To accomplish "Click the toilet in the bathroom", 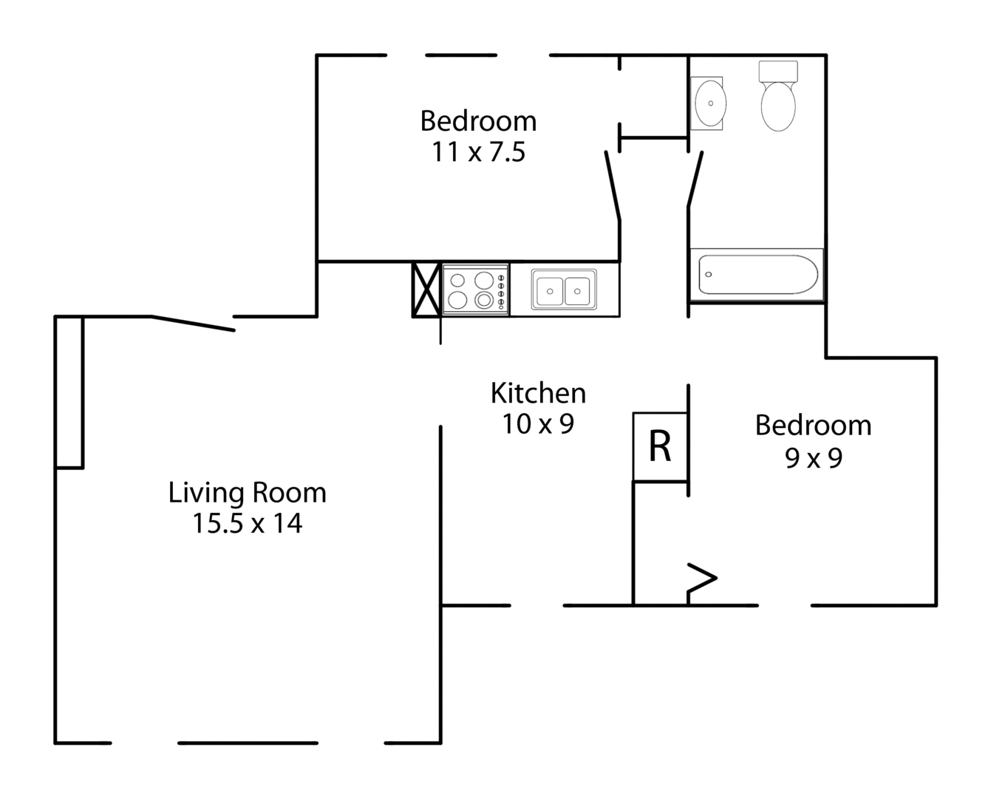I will (778, 98).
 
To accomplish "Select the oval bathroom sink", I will (708, 103).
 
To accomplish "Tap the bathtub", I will (757, 274).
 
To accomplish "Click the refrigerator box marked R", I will (661, 446).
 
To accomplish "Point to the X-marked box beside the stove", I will (427, 290).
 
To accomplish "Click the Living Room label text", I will (247, 493).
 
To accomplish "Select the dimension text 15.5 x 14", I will (247, 524).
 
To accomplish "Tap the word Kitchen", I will (538, 393).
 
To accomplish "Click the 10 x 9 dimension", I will (538, 424).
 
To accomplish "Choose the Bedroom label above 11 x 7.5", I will (478, 120).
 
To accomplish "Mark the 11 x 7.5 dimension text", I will (478, 152).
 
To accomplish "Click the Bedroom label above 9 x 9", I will (813, 426).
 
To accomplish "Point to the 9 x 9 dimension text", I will (813, 459).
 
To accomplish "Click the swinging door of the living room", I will (194, 323).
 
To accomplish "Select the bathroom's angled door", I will (695, 179).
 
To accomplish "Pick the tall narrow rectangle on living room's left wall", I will (69, 392).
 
